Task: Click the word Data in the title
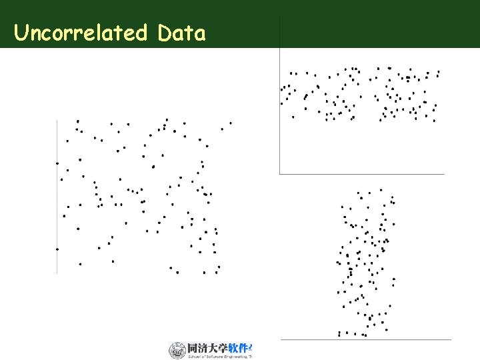point(182,33)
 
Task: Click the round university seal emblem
point(177,350)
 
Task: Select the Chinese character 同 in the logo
point(193,348)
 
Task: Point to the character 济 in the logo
point(207,348)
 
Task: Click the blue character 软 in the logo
point(239,348)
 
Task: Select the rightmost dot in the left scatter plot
point(231,123)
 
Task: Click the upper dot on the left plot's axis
point(57,163)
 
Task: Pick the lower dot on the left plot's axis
point(57,249)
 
